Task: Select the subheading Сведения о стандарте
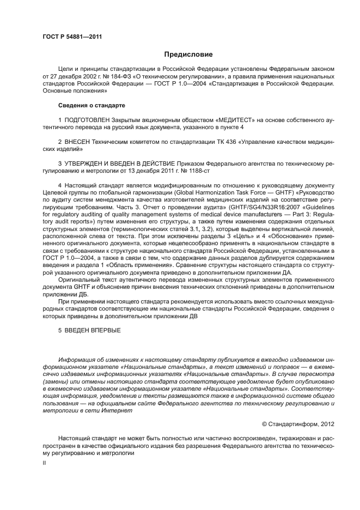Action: pos(91,105)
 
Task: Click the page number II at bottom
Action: pos(44,462)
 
